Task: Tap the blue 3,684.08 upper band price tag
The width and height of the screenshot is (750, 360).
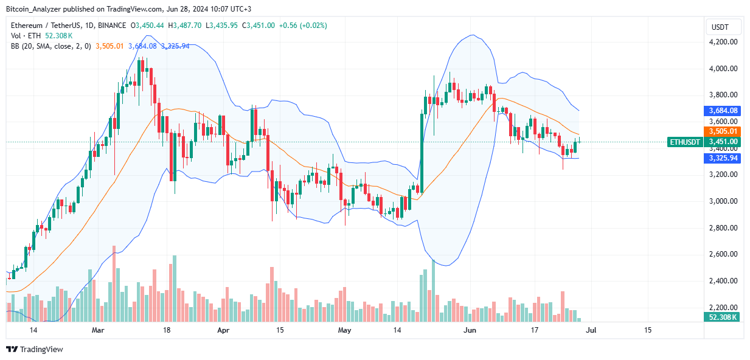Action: pos(723,111)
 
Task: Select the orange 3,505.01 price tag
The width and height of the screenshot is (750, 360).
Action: pos(723,131)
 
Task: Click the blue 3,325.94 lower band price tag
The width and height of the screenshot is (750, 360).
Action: pos(723,158)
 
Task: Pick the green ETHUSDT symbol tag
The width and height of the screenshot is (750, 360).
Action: pos(685,142)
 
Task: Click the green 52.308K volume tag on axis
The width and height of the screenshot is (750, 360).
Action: pos(723,317)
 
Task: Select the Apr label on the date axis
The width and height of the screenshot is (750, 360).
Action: pos(224,330)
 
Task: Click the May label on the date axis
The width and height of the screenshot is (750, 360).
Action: pos(345,330)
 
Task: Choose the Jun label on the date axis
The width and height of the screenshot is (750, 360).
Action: pos(470,330)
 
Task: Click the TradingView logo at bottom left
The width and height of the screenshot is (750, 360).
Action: pos(35,350)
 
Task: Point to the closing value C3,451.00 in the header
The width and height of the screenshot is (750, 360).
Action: pos(259,25)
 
